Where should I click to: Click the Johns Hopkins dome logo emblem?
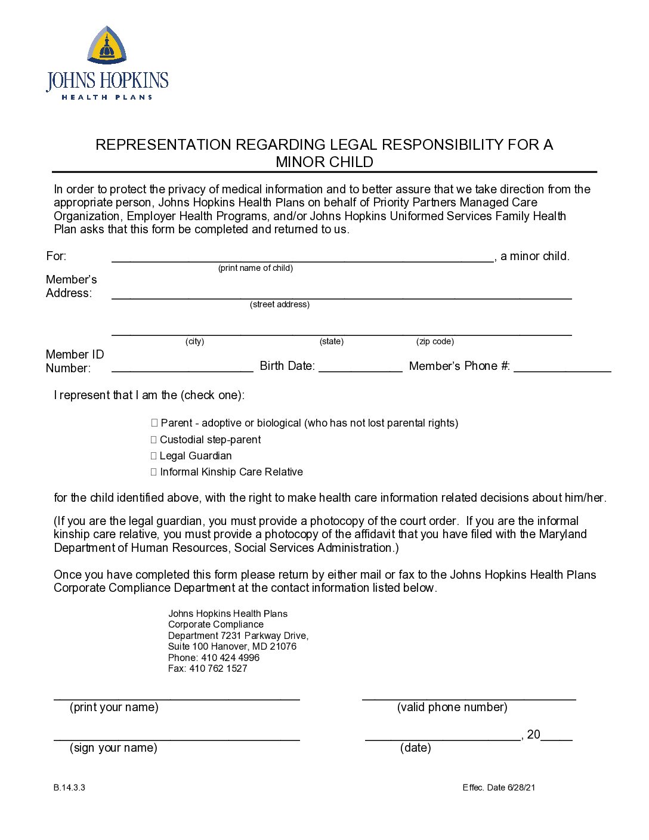pyautogui.click(x=107, y=45)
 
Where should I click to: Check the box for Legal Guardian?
pyautogui.click(x=154, y=456)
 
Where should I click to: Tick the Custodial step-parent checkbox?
pyautogui.click(x=154, y=440)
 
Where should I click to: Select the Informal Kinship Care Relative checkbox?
pyautogui.click(x=154, y=472)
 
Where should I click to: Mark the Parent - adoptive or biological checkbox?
pyautogui.click(x=154, y=423)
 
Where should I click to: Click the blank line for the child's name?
pyautogui.click(x=302, y=258)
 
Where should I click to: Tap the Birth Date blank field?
pyautogui.click(x=360, y=367)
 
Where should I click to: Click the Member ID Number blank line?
pyautogui.click(x=182, y=367)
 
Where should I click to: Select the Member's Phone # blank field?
pyautogui.click(x=562, y=367)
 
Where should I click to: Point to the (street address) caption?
pyautogui.click(x=280, y=304)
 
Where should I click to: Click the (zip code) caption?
pyautogui.click(x=435, y=341)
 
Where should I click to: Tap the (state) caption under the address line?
pyautogui.click(x=332, y=341)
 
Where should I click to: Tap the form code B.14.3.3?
pyautogui.click(x=69, y=787)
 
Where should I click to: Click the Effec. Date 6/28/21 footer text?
pyautogui.click(x=499, y=787)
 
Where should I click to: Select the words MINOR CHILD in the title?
pyautogui.click(x=324, y=162)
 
